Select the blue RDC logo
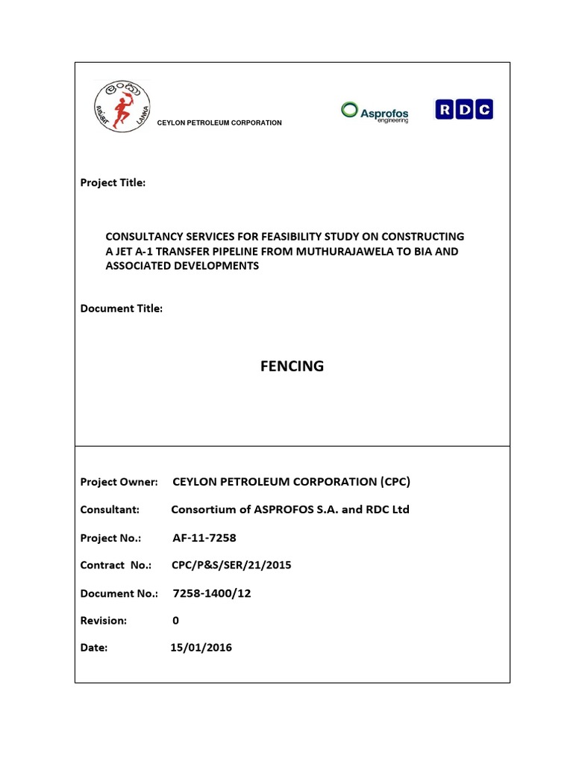point(464,110)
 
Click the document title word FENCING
point(292,366)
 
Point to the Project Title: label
point(113,183)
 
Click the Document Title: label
point(121,309)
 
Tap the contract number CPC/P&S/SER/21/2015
point(231,566)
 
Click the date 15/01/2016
point(201,648)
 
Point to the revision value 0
point(175,620)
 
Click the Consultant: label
point(110,510)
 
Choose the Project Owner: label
point(119,482)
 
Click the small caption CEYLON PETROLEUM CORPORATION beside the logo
point(219,123)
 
